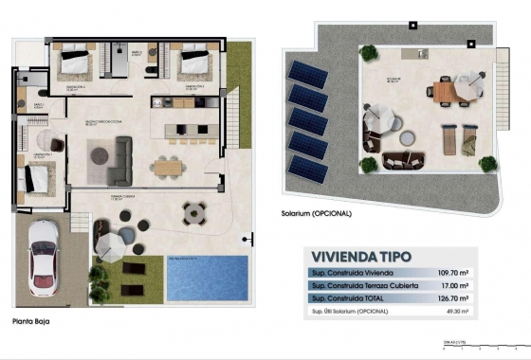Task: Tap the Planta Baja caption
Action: point(30,321)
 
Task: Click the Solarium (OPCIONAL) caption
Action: point(317,214)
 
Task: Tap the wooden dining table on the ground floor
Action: point(168,167)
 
